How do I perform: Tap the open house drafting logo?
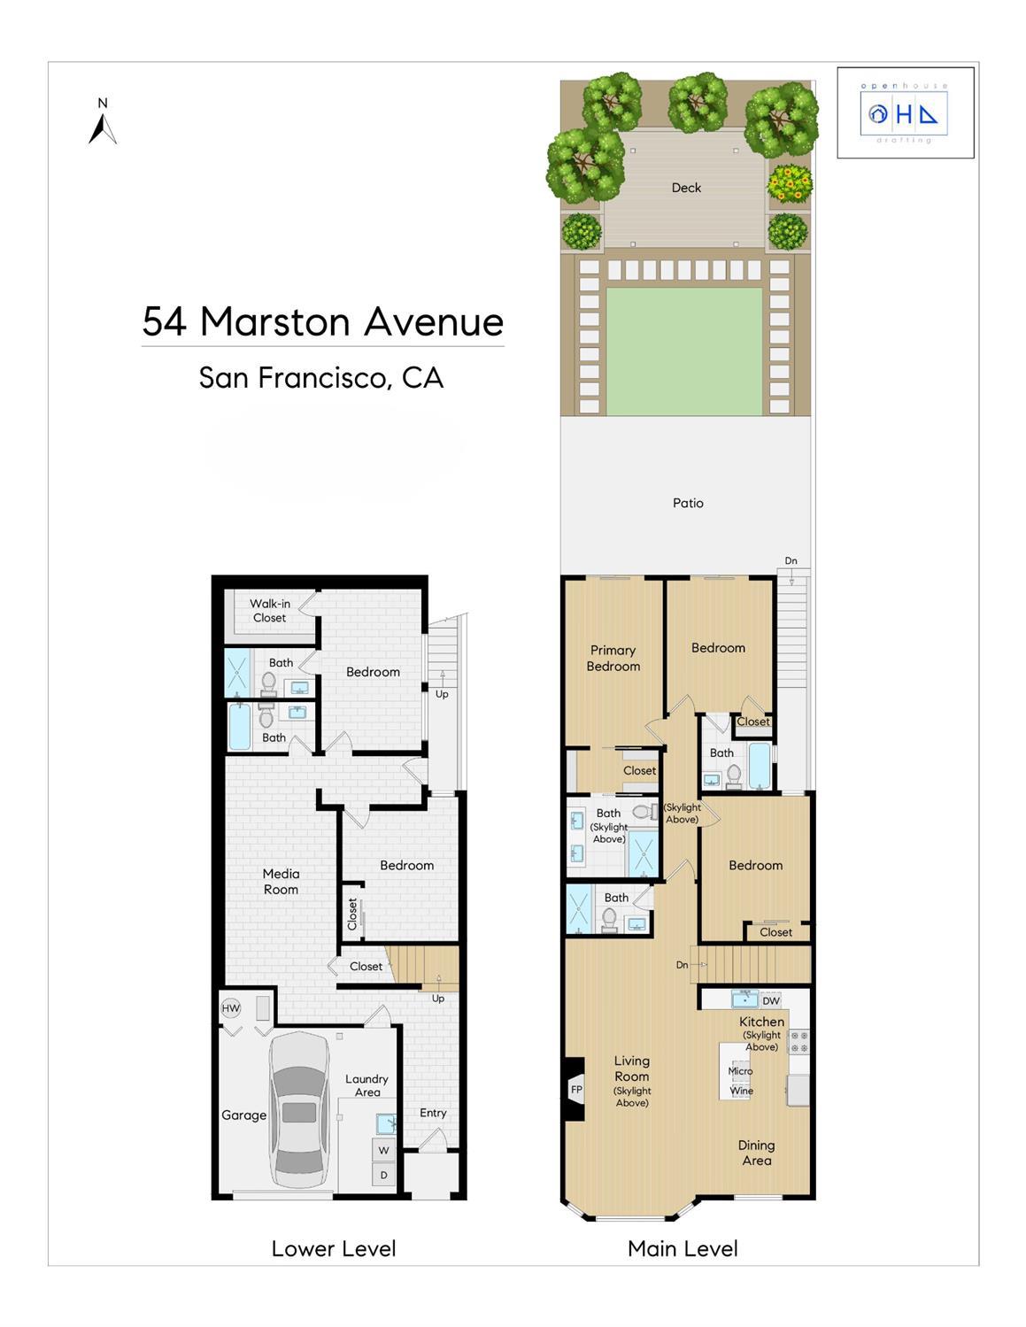point(905,113)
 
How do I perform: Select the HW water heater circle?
point(230,1008)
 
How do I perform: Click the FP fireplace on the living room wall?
point(575,1090)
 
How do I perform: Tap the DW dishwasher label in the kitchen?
point(771,1001)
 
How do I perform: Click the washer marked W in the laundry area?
point(384,1151)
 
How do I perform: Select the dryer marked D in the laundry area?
point(384,1175)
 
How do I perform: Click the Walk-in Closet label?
point(270,611)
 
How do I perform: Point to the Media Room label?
point(281,882)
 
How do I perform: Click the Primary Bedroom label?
point(613,659)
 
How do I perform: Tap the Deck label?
point(686,188)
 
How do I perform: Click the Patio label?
point(688,503)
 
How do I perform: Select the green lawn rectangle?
point(683,351)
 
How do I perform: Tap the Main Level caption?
point(683,1249)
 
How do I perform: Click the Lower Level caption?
point(334,1249)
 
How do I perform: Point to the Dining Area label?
point(756,1153)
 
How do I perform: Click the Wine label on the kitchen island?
point(742,1091)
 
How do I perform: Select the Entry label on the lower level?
point(433,1113)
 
